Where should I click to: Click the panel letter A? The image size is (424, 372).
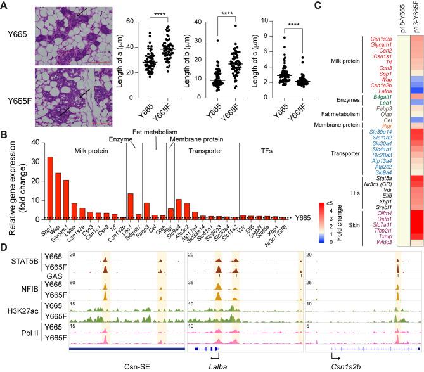[5, 5]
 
